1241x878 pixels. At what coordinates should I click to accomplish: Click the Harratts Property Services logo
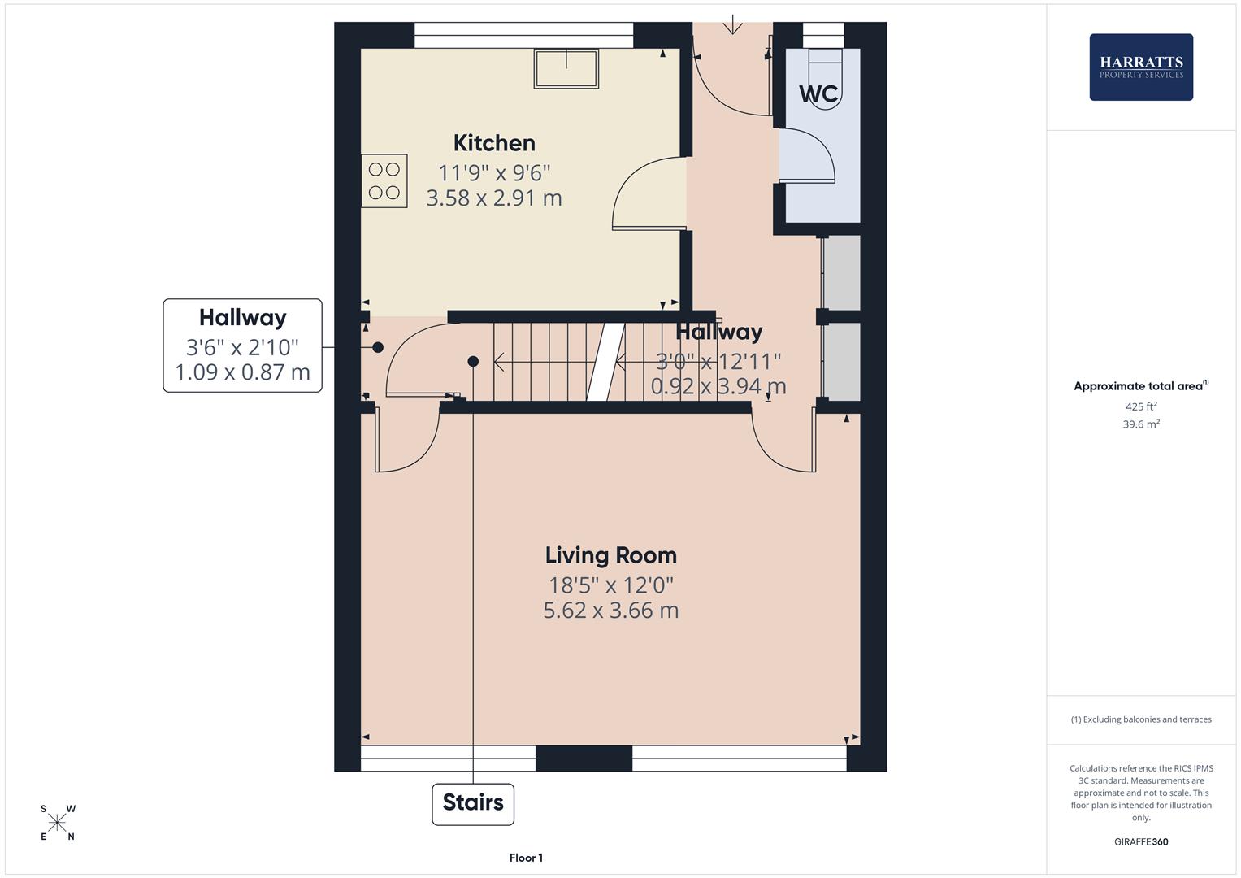coord(1140,67)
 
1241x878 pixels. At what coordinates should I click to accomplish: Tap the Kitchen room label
coord(494,143)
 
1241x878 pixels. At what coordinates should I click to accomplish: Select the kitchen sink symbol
coord(566,68)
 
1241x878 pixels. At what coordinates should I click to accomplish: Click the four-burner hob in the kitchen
coord(384,181)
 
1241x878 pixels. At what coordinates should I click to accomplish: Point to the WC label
coord(818,94)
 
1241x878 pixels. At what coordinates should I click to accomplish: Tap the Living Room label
coord(610,555)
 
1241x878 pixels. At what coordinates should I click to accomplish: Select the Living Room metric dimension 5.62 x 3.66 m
coord(610,610)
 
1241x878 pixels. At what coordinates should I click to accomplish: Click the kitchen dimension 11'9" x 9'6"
coord(494,172)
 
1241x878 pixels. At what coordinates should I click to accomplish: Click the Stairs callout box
coord(473,803)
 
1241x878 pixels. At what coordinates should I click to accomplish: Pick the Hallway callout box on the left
coord(242,346)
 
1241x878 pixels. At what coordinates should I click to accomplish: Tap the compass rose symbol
coord(57,823)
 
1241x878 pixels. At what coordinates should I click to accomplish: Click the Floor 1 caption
coord(526,858)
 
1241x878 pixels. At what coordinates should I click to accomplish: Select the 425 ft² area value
coord(1140,406)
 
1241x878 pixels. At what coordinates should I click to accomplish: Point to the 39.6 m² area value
coord(1140,424)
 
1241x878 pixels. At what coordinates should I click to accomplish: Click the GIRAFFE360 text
coord(1140,841)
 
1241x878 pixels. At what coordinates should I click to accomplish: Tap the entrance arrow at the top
coord(732,24)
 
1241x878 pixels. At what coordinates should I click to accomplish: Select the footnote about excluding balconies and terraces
coord(1140,719)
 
